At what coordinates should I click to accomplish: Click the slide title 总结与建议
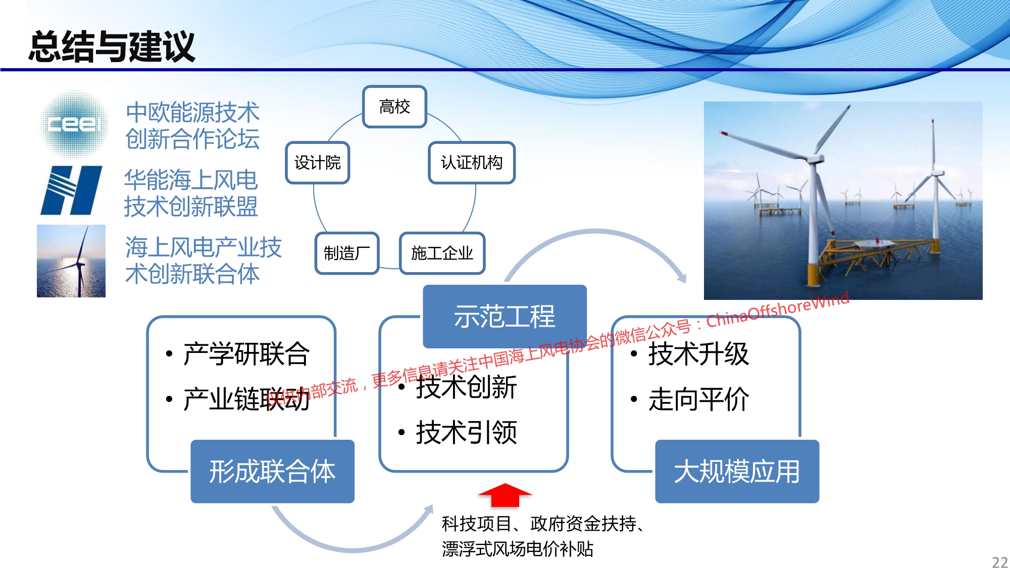tap(112, 46)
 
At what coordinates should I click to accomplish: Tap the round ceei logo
tap(74, 124)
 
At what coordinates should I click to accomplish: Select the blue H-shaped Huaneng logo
tap(71, 190)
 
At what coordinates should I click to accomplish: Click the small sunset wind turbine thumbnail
tap(71, 261)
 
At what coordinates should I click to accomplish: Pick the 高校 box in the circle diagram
tap(394, 107)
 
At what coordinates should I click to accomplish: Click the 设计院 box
tap(318, 163)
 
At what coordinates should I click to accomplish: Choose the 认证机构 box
tap(472, 163)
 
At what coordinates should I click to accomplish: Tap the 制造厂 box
tap(347, 253)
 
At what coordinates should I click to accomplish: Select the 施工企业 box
tap(442, 253)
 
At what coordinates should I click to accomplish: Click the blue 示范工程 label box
tap(504, 317)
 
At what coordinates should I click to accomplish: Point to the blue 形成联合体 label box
tap(272, 472)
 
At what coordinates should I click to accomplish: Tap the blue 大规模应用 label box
tap(737, 472)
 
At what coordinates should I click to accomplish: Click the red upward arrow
tap(505, 495)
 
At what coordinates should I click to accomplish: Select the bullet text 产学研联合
tap(246, 353)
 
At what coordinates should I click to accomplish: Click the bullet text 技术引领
tap(466, 433)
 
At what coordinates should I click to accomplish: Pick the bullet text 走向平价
tap(698, 399)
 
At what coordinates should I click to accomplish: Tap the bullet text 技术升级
tap(698, 353)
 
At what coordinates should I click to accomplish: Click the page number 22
tap(1000, 562)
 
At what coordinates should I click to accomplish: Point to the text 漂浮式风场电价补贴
tap(518, 549)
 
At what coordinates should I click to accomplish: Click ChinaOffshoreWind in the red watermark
tap(778, 309)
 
